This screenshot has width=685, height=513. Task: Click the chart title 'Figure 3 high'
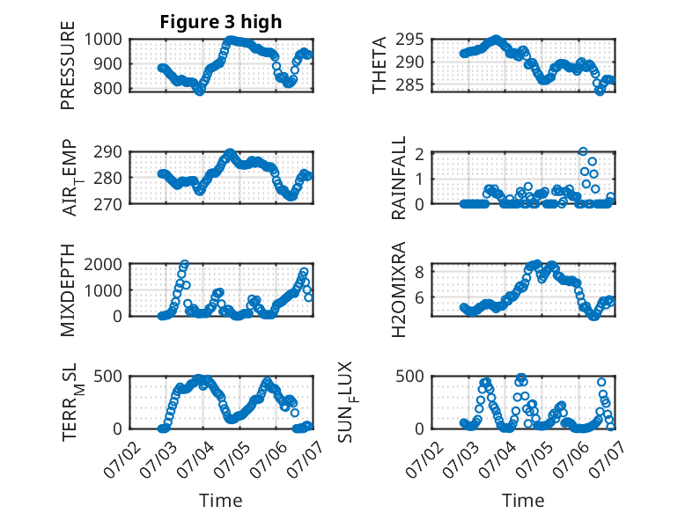[x=221, y=22]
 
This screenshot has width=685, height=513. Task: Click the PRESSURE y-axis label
[x=68, y=65]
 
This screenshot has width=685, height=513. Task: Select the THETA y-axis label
[x=379, y=65]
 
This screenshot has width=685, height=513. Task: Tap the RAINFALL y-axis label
[x=399, y=177]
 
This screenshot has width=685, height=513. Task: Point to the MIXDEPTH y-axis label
[x=68, y=289]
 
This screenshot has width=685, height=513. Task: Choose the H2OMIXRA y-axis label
[x=399, y=289]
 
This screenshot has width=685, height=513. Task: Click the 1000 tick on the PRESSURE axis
[x=103, y=40]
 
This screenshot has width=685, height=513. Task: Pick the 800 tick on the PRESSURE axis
[x=108, y=89]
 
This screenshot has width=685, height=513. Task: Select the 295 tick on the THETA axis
[x=410, y=40]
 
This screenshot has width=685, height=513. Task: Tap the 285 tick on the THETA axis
[x=410, y=85]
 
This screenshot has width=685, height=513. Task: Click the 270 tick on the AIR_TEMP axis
[x=108, y=204]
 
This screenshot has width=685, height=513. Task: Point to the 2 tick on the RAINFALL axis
[x=420, y=154]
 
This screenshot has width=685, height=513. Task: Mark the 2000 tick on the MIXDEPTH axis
[x=103, y=264]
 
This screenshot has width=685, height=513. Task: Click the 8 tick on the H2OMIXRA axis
[x=420, y=273]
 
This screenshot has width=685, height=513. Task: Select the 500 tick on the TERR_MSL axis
[x=108, y=376]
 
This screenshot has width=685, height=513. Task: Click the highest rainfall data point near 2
[x=583, y=151]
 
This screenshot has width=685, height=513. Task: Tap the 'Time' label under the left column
[x=221, y=501]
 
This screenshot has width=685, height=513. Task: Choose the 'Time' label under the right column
[x=523, y=501]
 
